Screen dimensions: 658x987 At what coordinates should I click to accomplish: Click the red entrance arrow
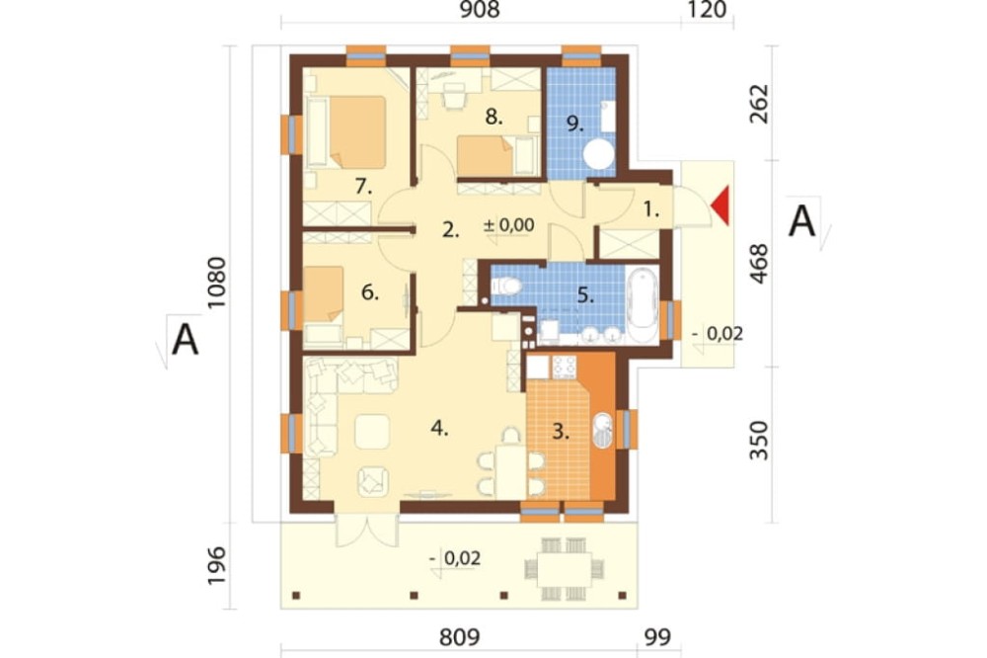pos(721,204)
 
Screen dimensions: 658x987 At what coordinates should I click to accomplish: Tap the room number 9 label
pos(574,123)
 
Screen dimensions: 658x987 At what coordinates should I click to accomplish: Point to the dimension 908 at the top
pos(480,11)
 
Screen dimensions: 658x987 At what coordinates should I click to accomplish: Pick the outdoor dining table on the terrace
pos(565,568)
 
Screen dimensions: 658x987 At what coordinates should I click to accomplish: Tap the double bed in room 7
pos(350,131)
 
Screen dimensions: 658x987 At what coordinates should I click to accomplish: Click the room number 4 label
pos(439,428)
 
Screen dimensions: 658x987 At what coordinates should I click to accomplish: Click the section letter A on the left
pos(184,341)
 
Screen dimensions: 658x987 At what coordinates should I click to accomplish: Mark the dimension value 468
pos(759,263)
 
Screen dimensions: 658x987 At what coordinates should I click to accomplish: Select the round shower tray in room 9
pos(598,153)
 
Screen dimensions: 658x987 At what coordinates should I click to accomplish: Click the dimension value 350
pos(759,439)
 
